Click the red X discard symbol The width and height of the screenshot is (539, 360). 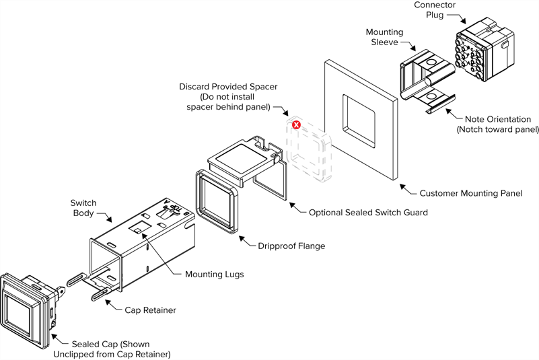coord(296,126)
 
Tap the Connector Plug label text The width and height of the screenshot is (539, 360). coord(435,10)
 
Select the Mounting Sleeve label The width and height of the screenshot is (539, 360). coord(384,38)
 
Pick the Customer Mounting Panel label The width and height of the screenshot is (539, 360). coord(470,194)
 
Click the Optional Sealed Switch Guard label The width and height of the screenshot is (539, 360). coord(368,213)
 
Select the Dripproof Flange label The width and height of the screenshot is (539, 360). coord(291,246)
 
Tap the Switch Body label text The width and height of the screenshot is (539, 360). coord(83,209)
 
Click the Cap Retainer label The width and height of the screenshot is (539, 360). coord(149,310)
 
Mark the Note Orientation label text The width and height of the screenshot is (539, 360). coord(497,119)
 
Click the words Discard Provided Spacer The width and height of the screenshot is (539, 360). coord(228,87)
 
